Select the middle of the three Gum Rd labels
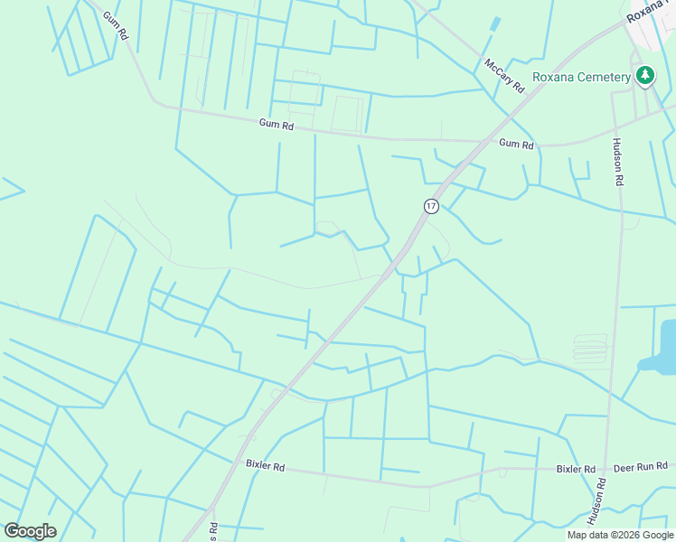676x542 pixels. tap(277, 125)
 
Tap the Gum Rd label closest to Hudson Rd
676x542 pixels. tap(516, 144)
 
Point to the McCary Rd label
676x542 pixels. tap(503, 77)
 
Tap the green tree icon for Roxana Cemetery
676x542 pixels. tap(644, 77)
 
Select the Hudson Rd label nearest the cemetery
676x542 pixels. tap(619, 162)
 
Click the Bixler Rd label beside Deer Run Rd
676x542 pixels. tap(575, 470)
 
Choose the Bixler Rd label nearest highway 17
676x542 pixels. tap(265, 465)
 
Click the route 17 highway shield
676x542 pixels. tap(431, 206)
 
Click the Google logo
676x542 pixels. tap(30, 531)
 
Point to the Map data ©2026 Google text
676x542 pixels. tap(620, 535)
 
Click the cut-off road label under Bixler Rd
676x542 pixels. tap(214, 531)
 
